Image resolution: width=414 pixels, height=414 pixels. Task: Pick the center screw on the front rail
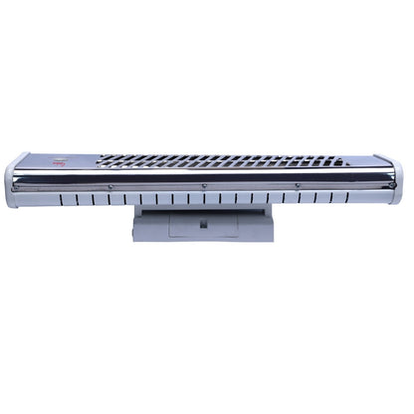(x=204, y=186)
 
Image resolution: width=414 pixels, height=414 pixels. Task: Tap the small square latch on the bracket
(x=203, y=223)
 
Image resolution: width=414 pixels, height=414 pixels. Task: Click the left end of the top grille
(x=105, y=160)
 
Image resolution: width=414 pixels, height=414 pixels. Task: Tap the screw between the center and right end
(x=298, y=186)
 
